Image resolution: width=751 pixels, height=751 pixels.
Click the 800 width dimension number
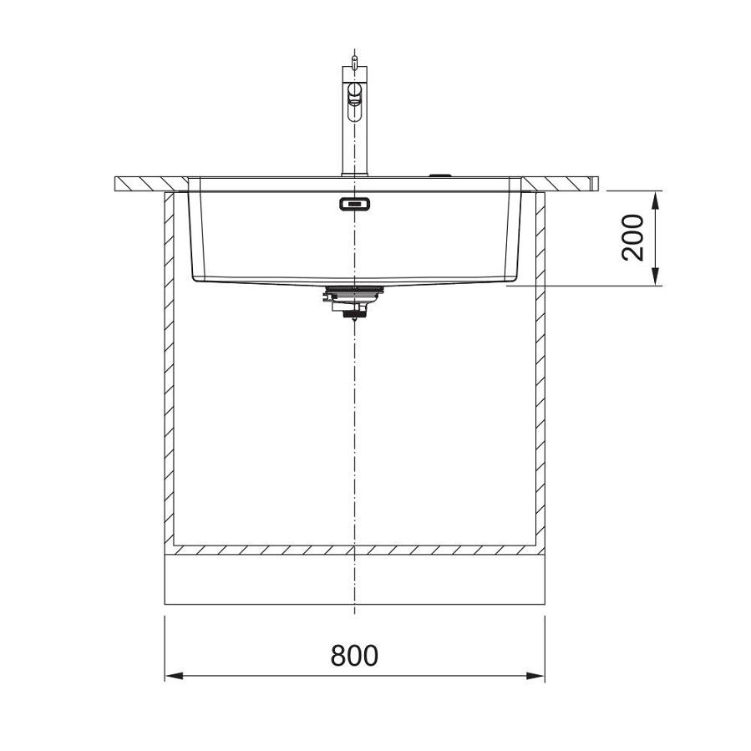pos(354,656)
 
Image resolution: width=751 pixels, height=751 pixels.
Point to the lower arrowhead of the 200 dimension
pos(656,277)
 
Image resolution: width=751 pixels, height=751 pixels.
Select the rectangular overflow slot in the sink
pos(355,203)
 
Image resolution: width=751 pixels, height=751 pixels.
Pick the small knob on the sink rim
pos(439,175)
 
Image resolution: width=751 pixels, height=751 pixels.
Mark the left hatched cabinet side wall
pos(169,368)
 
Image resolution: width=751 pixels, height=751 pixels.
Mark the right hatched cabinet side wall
pos(540,368)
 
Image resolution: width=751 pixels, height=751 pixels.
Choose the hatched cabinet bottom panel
pos(354,551)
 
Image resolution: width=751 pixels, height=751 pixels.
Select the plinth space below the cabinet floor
pos(354,581)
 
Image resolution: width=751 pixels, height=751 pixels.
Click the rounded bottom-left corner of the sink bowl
pos(196,276)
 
